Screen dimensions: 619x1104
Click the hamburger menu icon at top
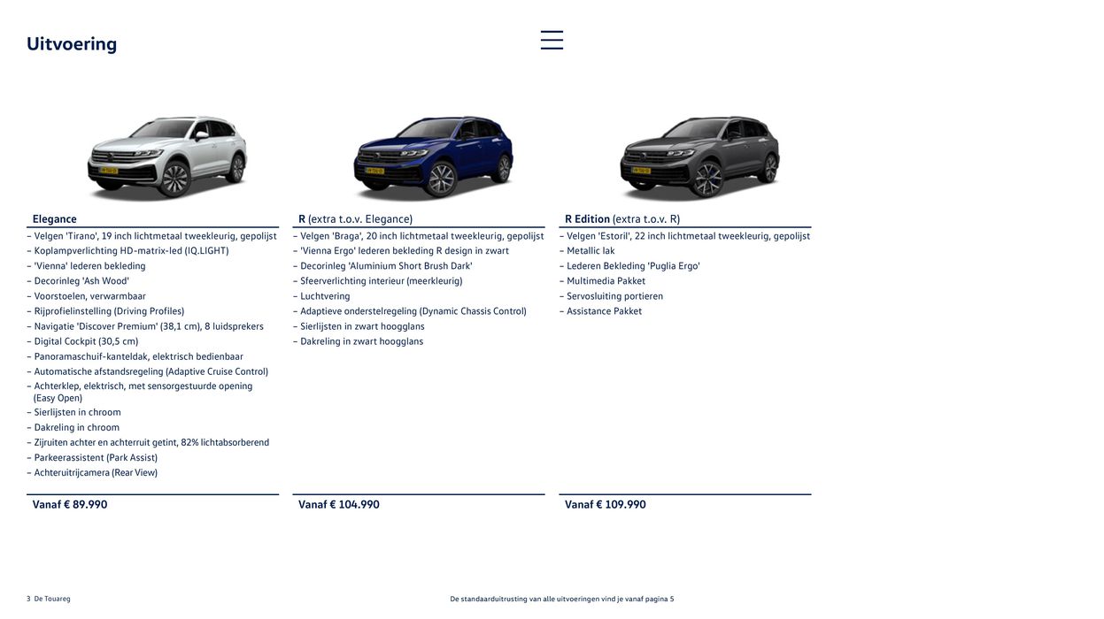point(552,40)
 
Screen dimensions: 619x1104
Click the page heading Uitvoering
point(72,43)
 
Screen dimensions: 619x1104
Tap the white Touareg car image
point(166,157)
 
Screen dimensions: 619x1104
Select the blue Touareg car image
point(433,157)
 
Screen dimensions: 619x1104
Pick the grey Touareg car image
point(699,157)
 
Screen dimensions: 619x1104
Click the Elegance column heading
point(55,218)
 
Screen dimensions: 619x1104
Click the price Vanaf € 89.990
point(70,504)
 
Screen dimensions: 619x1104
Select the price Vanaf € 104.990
point(339,504)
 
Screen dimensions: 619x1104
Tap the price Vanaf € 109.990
point(606,504)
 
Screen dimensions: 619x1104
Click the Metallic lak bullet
point(591,251)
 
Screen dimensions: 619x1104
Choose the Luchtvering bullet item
point(325,296)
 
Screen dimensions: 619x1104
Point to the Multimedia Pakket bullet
point(606,281)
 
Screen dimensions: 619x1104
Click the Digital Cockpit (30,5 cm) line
point(86,341)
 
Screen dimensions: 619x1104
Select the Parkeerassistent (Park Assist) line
point(96,457)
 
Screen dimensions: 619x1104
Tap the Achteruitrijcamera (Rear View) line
point(96,472)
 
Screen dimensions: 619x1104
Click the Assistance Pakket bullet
point(604,311)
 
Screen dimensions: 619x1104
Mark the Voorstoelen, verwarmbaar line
point(89,296)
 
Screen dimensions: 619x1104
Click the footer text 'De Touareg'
point(52,599)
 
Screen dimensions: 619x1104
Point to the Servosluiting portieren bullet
point(614,296)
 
